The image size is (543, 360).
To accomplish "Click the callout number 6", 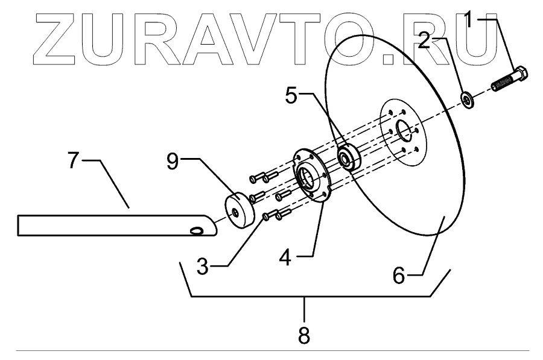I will (399, 274).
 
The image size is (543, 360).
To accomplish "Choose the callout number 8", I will (304, 335).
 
